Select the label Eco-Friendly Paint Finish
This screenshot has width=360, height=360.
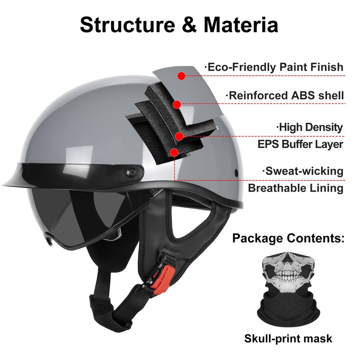(x=274, y=67)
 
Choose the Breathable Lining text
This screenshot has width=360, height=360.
(x=296, y=188)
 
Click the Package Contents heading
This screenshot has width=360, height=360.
(x=288, y=238)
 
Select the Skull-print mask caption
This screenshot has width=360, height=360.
(x=288, y=338)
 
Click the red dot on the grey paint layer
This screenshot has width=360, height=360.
(x=181, y=76)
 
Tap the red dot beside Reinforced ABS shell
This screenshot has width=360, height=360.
(x=177, y=104)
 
